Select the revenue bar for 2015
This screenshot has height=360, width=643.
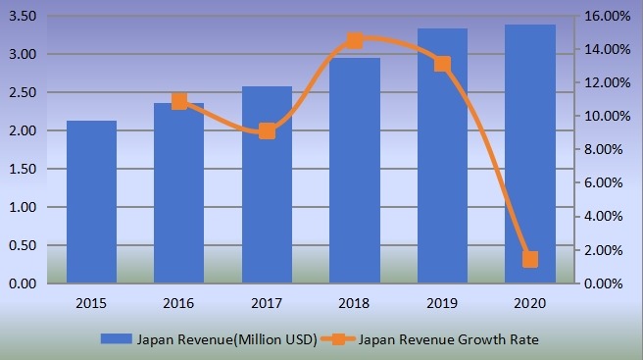coord(91,202)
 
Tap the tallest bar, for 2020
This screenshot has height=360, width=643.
coord(530,154)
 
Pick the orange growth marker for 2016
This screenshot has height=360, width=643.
coord(179,101)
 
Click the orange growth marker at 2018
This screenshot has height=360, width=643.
coord(355,41)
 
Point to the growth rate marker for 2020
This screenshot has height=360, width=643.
coord(530,259)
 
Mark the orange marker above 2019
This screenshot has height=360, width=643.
coord(442,64)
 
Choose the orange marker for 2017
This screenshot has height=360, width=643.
coord(267,130)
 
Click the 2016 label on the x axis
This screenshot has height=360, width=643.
coord(179,302)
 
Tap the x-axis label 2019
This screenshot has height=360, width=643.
coord(442,302)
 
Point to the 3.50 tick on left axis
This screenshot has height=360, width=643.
coord(23,17)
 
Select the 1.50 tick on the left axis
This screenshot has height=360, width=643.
coord(23,170)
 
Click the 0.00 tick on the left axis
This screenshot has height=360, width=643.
coord(23,284)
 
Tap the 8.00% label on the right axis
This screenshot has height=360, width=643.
coord(612,150)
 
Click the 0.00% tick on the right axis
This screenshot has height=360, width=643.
coord(612,284)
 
